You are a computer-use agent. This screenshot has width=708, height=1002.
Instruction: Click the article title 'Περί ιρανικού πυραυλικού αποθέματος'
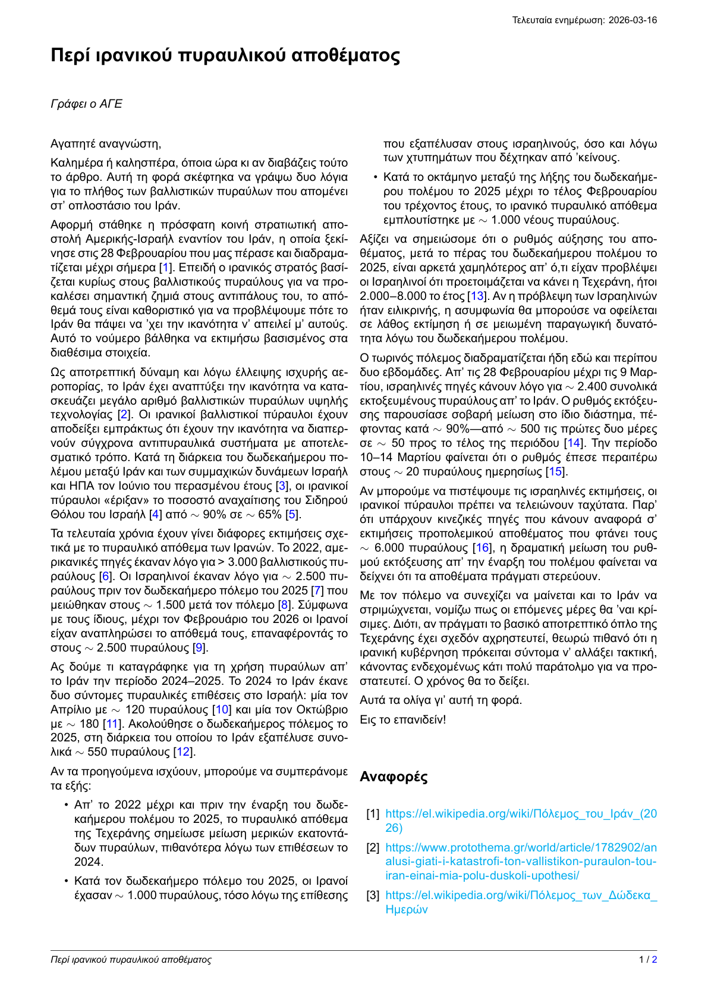225,55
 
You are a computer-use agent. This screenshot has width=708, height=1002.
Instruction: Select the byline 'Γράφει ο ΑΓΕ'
86,104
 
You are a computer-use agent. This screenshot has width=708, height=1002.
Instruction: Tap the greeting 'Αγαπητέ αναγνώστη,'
106,143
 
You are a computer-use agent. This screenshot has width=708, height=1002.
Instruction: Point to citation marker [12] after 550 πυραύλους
184,752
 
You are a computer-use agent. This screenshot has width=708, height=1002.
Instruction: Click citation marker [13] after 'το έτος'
477,296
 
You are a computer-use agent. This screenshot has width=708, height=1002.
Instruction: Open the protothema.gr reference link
521,861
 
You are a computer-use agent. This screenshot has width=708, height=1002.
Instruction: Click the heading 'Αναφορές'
394,776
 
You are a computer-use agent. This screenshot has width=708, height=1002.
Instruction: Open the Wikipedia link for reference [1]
521,821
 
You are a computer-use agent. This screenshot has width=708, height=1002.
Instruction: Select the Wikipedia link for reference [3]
521,902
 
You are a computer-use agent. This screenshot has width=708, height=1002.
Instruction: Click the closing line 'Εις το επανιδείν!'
402,719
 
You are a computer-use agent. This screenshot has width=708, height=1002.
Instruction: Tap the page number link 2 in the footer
654,960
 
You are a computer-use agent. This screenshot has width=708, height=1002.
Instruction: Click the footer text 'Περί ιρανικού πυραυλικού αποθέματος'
131,960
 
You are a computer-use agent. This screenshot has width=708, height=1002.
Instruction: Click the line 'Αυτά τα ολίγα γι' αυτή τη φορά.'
440,700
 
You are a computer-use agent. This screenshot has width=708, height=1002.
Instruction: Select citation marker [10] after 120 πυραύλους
221,709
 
